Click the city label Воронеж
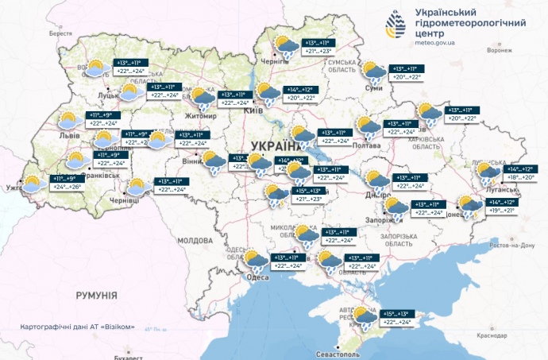coord(499,50)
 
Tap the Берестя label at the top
coord(60,34)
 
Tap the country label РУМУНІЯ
coord(97,296)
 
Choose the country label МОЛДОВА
coord(194,239)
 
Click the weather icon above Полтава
coord(368,128)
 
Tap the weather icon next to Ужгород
coord(33,184)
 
